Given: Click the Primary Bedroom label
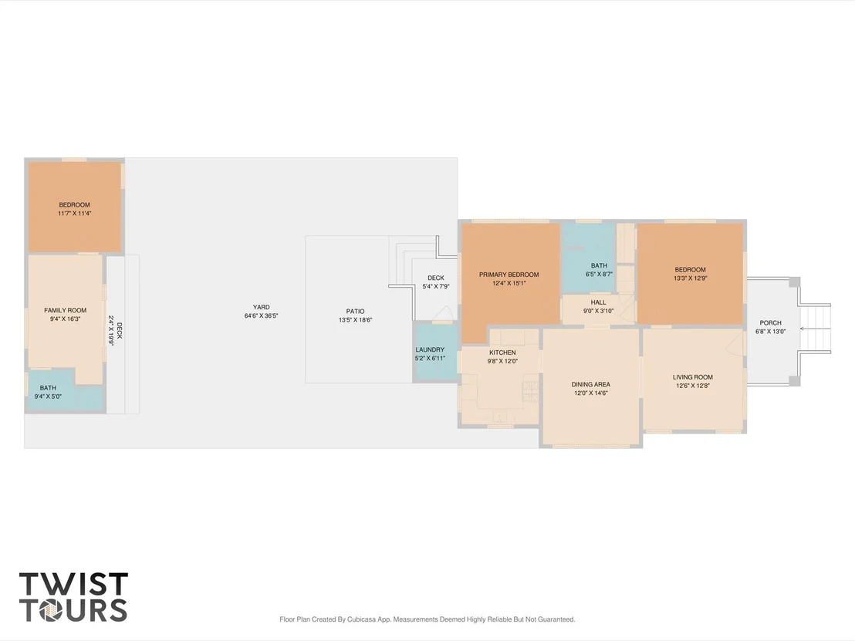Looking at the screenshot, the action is click(x=509, y=275).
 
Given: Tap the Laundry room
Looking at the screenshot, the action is click(x=435, y=353).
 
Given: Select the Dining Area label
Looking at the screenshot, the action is click(x=590, y=384).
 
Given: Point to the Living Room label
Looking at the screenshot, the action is click(x=692, y=376).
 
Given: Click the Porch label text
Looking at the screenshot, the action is click(x=770, y=322).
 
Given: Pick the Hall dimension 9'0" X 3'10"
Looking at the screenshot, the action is click(x=598, y=311).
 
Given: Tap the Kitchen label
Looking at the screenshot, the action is click(x=502, y=353).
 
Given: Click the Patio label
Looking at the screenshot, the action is click(x=355, y=311).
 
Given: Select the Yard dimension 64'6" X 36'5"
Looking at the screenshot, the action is click(x=261, y=315).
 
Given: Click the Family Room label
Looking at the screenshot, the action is click(x=66, y=310).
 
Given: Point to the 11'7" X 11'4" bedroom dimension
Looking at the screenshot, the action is click(x=74, y=213).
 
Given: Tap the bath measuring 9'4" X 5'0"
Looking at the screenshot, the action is click(x=66, y=390).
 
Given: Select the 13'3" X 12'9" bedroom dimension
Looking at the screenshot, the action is click(x=691, y=278).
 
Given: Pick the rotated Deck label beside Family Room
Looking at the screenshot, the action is click(x=120, y=330).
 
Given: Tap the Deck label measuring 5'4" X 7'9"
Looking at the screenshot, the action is click(x=436, y=278).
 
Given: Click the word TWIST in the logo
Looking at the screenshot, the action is click(x=73, y=584).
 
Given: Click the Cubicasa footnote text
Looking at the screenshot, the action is click(x=427, y=619).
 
